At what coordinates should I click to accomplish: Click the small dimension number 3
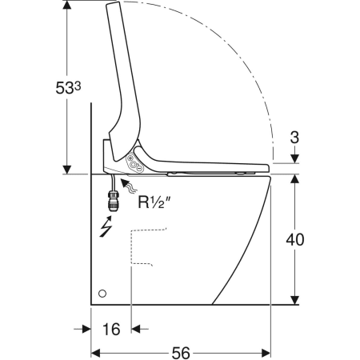click(294, 138)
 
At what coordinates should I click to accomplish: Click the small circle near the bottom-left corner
click(102, 294)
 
